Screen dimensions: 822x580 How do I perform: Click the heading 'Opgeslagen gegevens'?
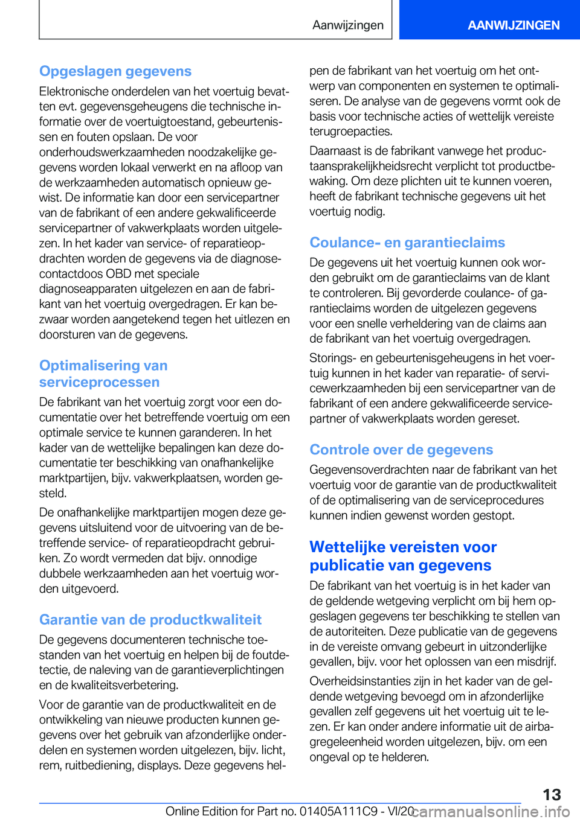[x=115, y=71]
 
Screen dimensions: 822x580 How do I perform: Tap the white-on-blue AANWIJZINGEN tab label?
[x=513, y=25]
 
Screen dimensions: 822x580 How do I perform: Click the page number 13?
[x=552, y=794]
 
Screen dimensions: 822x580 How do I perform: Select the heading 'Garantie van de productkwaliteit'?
[x=150, y=620]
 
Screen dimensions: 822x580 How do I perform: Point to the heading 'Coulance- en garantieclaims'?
[x=407, y=243]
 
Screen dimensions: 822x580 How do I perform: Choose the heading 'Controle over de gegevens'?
[x=401, y=450]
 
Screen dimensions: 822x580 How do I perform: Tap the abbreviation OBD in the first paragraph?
[x=118, y=273]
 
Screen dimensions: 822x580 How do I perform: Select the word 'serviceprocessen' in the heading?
[x=100, y=383]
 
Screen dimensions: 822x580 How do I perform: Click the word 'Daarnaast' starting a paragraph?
[x=335, y=151]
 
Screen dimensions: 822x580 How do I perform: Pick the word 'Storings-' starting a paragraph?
[x=333, y=358]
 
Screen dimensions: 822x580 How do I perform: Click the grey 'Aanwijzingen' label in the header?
[x=348, y=25]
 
